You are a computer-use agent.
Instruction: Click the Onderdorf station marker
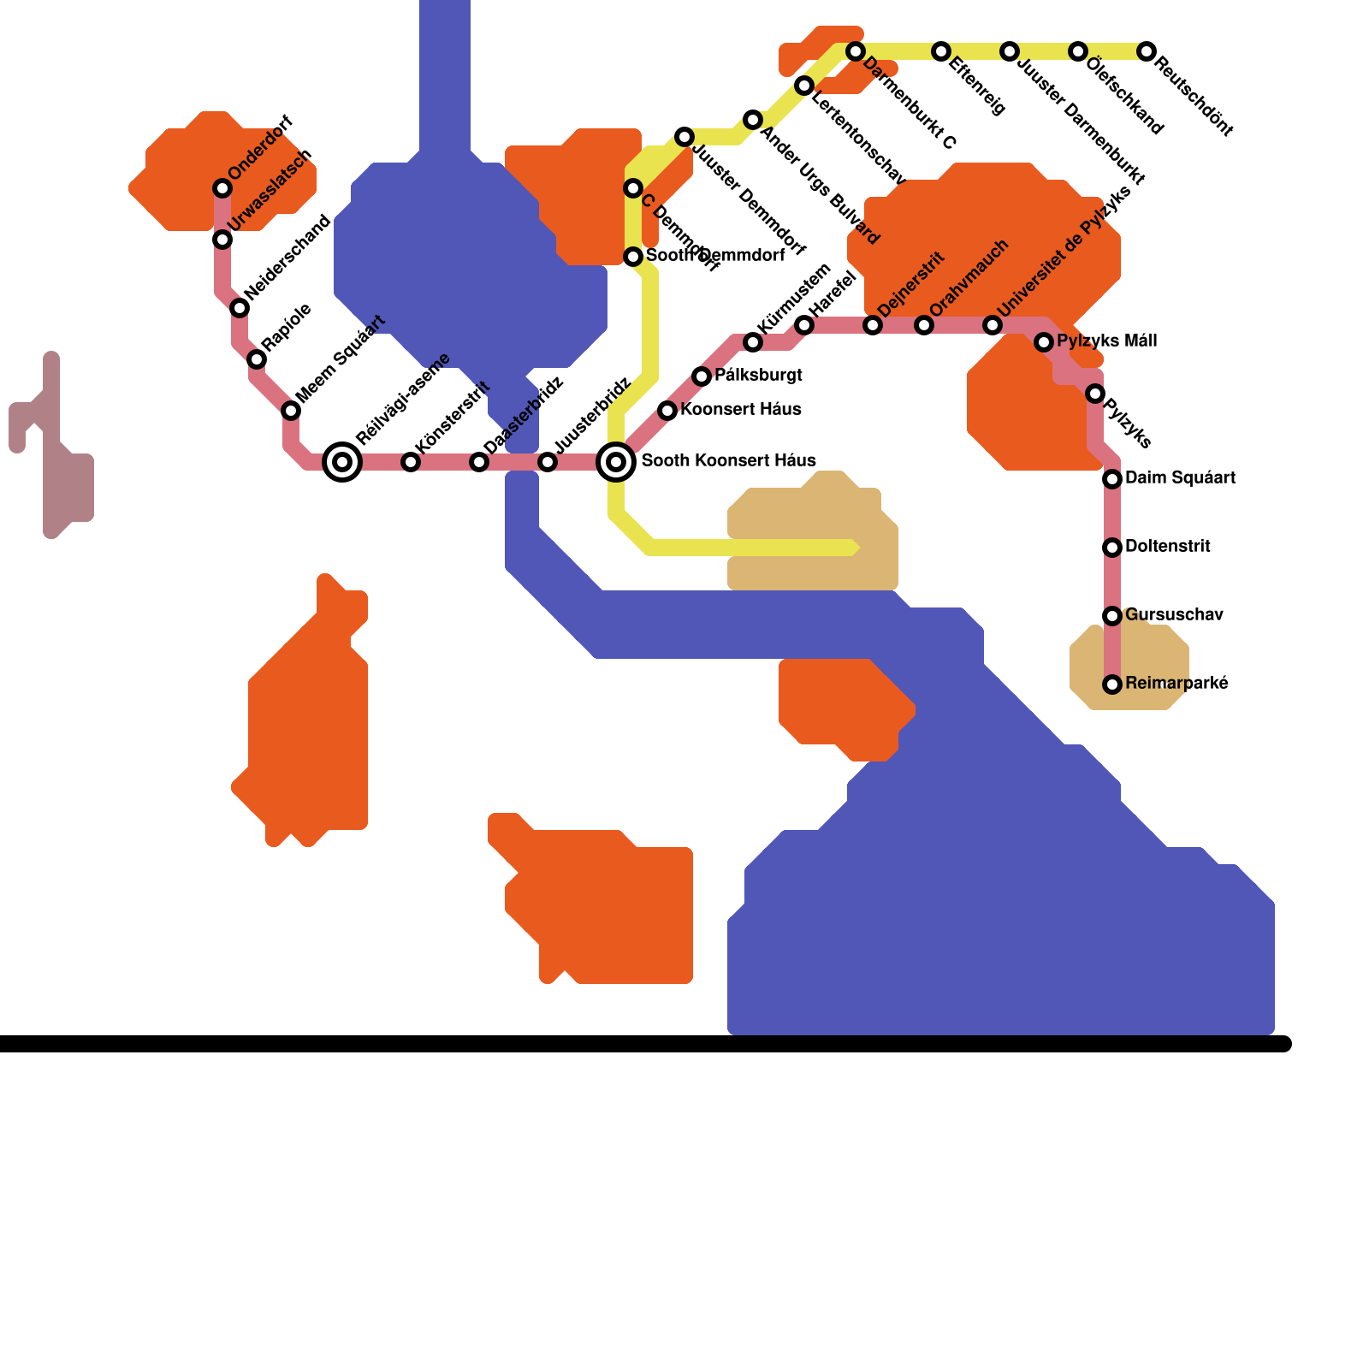tap(222, 188)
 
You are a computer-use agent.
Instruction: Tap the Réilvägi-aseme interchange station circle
tap(342, 462)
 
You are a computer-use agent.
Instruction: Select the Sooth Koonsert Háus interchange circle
tap(616, 462)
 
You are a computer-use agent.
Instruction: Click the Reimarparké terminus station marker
tap(1112, 684)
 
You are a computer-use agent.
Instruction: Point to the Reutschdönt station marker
tap(1147, 51)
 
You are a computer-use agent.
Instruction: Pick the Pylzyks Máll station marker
tap(1044, 342)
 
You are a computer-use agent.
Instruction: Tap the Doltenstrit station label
tap(1168, 546)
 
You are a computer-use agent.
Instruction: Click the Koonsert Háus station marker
tap(667, 411)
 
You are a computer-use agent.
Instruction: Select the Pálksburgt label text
tap(758, 375)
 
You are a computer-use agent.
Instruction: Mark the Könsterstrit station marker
tap(411, 462)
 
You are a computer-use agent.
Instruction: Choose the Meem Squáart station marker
tap(291, 411)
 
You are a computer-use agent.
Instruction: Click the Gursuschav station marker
tap(1112, 616)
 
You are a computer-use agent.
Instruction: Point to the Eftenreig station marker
tap(941, 51)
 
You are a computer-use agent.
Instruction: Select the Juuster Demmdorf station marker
tap(684, 137)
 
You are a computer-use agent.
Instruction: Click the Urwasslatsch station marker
tap(222, 240)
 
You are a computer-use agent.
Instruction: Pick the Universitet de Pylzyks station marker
tap(993, 325)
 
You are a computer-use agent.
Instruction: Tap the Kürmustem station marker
tap(753, 342)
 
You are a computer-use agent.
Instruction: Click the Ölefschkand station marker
tap(1078, 51)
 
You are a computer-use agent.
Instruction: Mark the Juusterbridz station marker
tap(548, 462)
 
